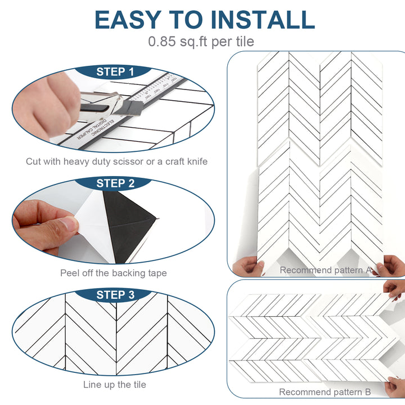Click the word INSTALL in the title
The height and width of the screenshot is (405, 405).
tap(267, 19)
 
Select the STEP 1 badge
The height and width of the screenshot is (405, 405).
tap(115, 72)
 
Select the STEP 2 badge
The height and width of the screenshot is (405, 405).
tap(115, 183)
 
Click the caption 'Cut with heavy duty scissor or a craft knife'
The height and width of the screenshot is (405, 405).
tap(116, 161)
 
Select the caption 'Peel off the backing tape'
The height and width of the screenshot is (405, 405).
tap(114, 273)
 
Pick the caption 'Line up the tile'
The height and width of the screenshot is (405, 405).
tap(114, 385)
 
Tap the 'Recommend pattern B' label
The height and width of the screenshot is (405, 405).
tap(325, 392)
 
